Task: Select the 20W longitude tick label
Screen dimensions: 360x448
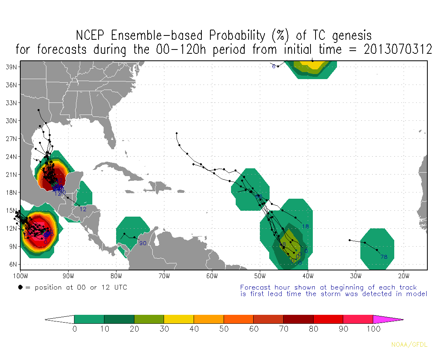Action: [x=404, y=276]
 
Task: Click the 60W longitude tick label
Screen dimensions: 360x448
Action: [x=212, y=276]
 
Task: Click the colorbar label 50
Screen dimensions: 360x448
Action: [x=224, y=329]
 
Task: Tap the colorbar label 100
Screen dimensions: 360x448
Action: [x=373, y=329]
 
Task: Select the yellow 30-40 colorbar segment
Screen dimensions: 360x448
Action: [x=179, y=319]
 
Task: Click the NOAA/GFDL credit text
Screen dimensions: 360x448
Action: [x=409, y=344]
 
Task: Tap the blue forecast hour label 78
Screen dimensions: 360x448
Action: [x=384, y=257]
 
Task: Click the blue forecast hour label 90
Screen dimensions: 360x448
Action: [x=143, y=244]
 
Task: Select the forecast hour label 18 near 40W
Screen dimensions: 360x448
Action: [x=305, y=227]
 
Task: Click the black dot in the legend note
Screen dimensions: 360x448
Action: [x=20, y=288]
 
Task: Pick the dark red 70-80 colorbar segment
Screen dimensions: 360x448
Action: [x=298, y=319]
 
